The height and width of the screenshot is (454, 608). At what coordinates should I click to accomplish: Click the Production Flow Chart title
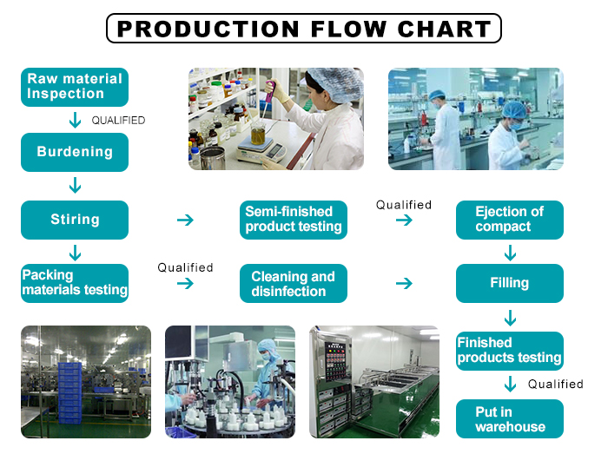click(x=304, y=29)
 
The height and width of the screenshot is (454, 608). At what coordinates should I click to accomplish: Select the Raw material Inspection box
click(x=75, y=87)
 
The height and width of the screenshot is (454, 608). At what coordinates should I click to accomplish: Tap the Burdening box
click(x=75, y=152)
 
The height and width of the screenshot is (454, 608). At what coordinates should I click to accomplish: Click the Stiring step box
click(x=75, y=220)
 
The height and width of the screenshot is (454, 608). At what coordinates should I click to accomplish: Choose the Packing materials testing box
click(x=75, y=283)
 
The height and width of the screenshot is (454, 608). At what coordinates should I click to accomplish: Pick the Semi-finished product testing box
click(x=293, y=220)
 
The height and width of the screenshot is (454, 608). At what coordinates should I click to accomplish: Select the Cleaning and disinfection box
click(x=293, y=283)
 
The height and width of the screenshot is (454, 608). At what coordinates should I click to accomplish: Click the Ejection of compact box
click(x=509, y=220)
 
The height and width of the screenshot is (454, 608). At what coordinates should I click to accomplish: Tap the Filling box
click(x=509, y=283)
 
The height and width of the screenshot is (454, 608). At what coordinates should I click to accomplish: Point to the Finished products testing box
click(x=509, y=350)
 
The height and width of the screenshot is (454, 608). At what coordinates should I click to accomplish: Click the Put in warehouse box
click(x=509, y=418)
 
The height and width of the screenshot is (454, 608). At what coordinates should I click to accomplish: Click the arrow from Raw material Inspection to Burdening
click(x=76, y=120)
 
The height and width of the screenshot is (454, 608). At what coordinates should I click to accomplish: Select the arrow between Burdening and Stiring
click(x=76, y=185)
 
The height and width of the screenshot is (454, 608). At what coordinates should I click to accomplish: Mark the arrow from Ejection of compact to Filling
click(x=510, y=252)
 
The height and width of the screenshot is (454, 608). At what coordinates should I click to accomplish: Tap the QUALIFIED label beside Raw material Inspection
click(x=118, y=121)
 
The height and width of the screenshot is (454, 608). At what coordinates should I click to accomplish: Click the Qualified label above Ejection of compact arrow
click(x=403, y=205)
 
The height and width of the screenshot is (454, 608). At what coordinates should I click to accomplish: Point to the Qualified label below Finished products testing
click(x=555, y=384)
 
